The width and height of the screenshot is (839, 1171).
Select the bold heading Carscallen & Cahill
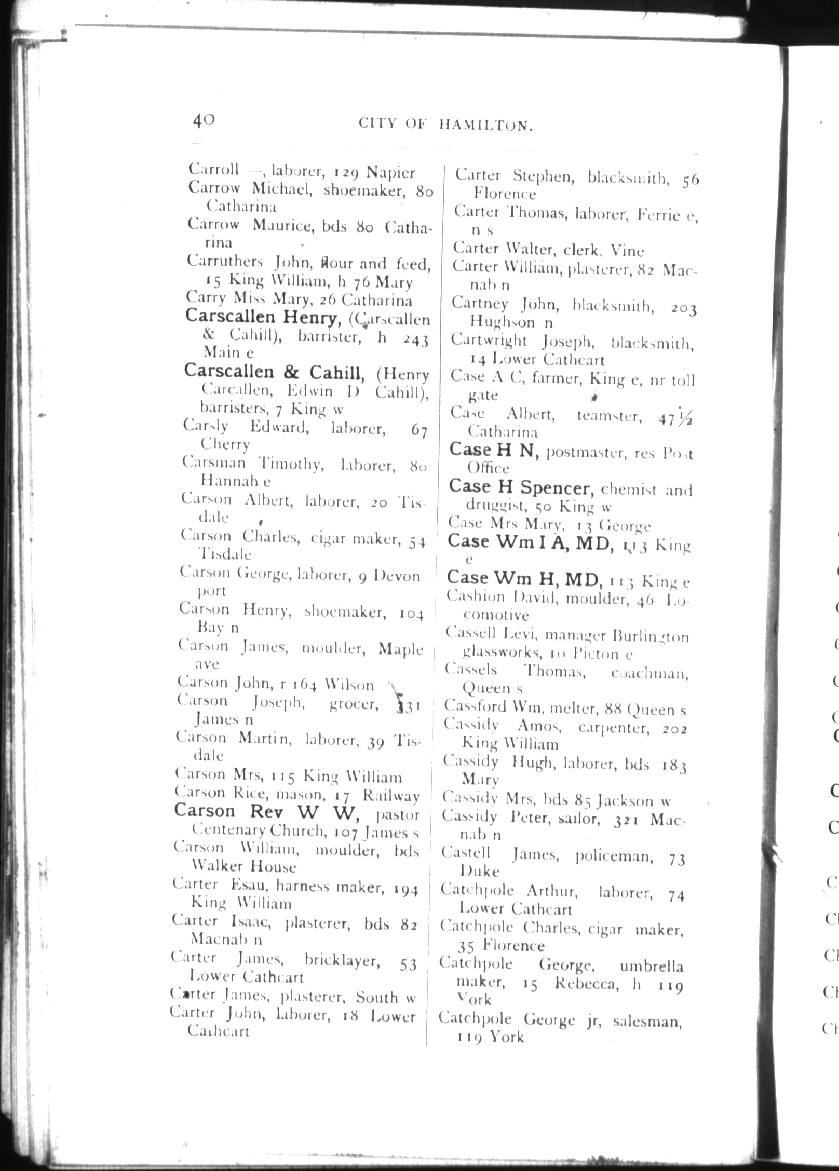[274, 372]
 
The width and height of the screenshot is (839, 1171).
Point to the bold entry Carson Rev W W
[266, 811]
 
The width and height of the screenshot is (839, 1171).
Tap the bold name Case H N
[491, 451]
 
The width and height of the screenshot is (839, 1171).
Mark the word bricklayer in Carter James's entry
[342, 960]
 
